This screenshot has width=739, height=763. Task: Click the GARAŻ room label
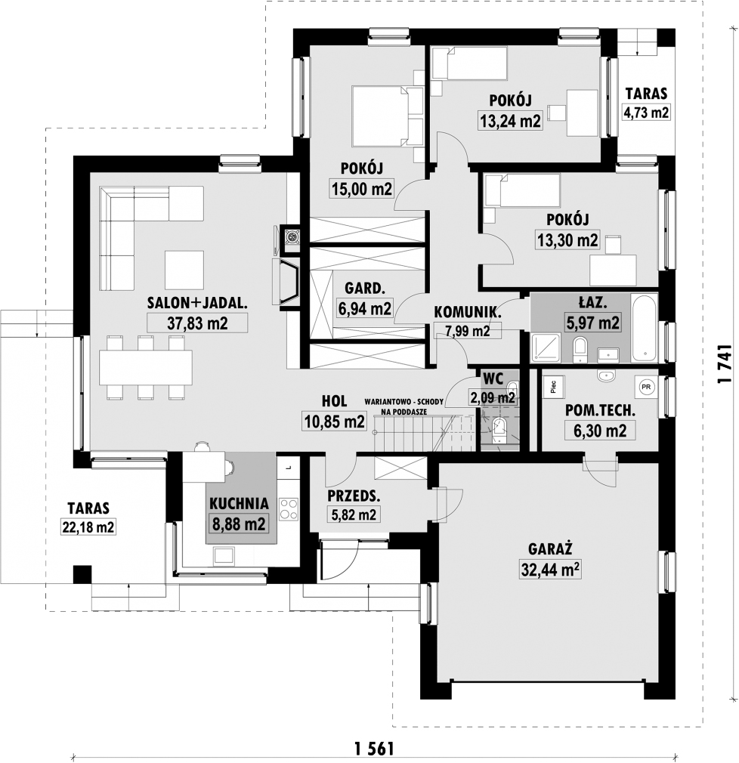click(550, 549)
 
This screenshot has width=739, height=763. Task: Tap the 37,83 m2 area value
click(197, 323)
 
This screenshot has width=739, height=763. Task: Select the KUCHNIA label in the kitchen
click(239, 504)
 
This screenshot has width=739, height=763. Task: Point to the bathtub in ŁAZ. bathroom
click(644, 328)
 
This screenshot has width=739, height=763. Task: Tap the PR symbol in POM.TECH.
click(646, 388)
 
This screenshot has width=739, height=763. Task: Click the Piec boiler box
click(553, 387)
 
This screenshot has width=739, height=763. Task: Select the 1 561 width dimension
click(374, 748)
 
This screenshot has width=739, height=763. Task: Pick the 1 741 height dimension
click(725, 364)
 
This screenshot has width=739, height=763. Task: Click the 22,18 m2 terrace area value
click(88, 527)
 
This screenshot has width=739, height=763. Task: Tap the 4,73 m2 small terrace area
click(646, 113)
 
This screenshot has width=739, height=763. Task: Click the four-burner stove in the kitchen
click(289, 509)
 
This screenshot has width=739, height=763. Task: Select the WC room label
click(493, 378)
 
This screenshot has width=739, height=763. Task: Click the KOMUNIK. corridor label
click(467, 312)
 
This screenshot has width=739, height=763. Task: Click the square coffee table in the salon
click(184, 270)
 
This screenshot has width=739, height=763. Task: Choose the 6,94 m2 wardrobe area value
click(365, 308)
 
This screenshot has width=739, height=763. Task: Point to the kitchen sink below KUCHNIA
click(224, 556)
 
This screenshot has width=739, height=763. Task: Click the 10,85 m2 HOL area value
click(334, 421)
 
